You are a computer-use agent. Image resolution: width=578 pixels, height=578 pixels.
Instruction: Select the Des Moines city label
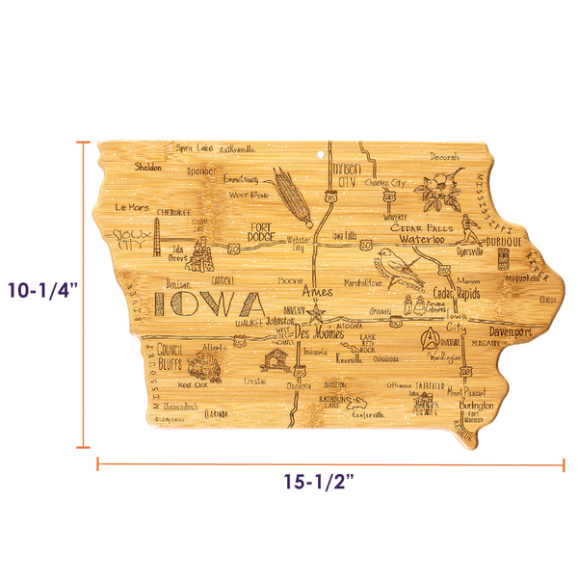tap(312, 332)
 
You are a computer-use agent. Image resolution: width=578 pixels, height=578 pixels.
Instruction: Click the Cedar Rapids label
tap(459, 294)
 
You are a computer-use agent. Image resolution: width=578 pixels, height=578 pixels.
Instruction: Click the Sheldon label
tap(148, 166)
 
